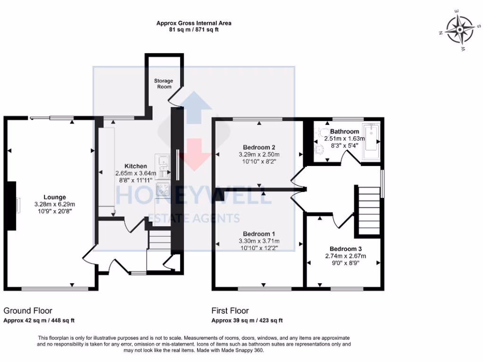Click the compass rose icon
[457, 30]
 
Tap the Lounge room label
[55, 197]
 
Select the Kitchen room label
[135, 166]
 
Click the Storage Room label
[163, 83]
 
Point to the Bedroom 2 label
[259, 146]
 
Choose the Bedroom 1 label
[259, 234]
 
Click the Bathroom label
[344, 132]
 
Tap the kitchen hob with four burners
[164, 189]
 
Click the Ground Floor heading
[28, 311]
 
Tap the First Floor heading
[230, 311]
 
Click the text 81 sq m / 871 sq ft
[194, 30]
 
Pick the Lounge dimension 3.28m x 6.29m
[55, 204]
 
